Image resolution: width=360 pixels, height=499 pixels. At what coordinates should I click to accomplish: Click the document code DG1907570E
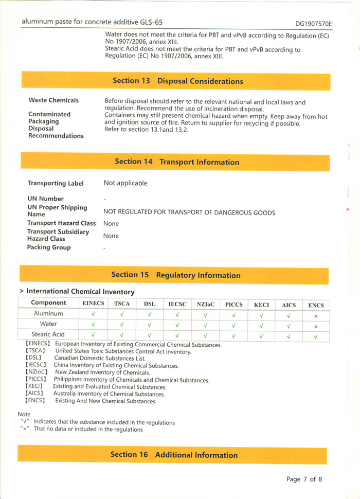[x=313, y=24]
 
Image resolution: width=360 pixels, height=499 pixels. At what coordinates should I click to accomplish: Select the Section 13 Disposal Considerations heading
[x=177, y=81]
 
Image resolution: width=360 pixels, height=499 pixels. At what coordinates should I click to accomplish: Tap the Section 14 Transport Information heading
[x=177, y=162]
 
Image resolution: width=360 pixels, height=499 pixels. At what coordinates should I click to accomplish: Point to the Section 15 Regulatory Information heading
[x=176, y=275]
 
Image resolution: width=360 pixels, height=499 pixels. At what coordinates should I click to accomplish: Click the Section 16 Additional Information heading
[x=174, y=455]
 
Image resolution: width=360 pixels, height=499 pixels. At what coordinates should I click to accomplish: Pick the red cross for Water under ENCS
[x=316, y=326]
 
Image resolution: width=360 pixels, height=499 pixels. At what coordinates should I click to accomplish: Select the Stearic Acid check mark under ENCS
[x=316, y=336]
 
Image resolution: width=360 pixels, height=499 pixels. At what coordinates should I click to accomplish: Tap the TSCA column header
[x=122, y=304]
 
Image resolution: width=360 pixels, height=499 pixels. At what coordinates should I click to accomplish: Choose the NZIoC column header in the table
[x=205, y=305]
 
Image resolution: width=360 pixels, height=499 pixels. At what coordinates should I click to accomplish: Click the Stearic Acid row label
[x=48, y=334]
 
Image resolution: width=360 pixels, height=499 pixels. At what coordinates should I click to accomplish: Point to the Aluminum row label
[x=48, y=313]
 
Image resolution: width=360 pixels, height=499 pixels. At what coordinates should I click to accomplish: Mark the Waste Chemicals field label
[x=53, y=100]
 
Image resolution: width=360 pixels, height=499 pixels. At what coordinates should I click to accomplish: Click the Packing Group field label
[x=49, y=247]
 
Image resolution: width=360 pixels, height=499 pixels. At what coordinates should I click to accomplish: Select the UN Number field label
[x=45, y=199]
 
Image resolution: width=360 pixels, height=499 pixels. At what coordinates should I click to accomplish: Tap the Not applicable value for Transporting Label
[x=125, y=183]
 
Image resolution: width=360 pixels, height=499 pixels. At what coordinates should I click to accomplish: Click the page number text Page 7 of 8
[x=304, y=479]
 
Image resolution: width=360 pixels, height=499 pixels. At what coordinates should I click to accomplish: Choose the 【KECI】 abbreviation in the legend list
[x=34, y=386]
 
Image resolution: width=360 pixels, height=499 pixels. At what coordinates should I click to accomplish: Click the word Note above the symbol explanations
[x=24, y=414]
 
